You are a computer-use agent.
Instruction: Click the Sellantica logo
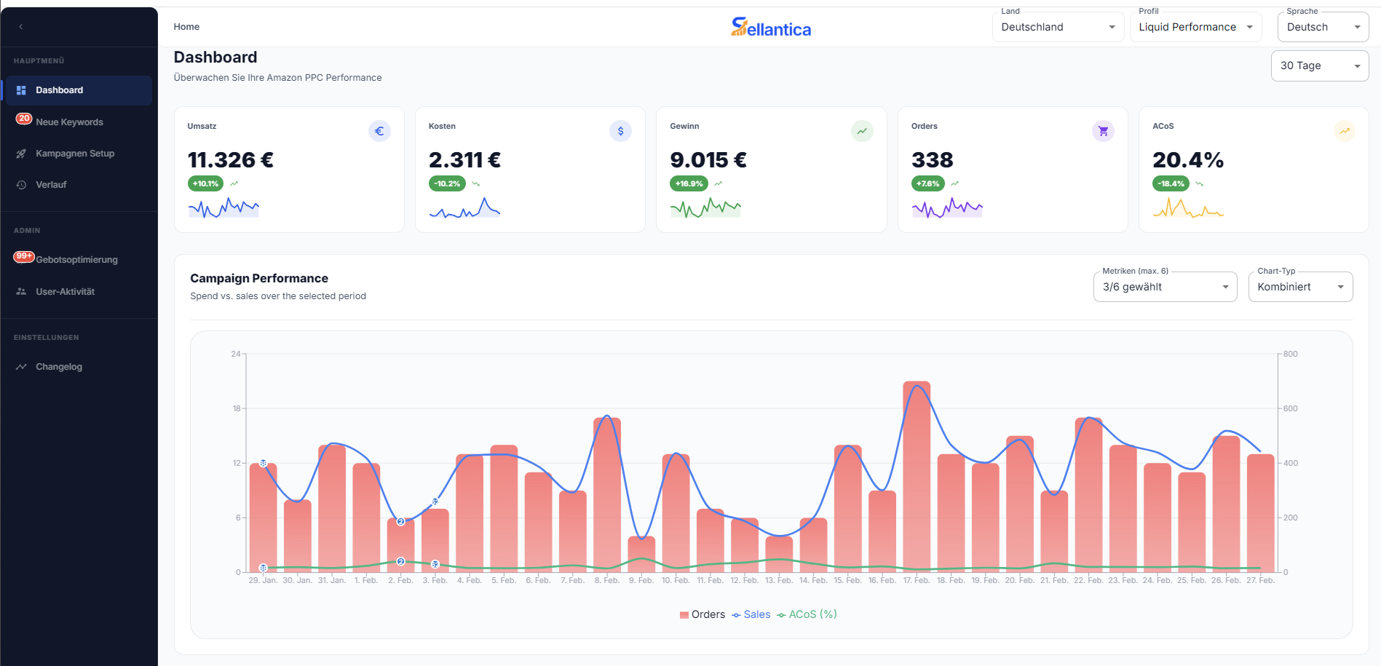(770, 28)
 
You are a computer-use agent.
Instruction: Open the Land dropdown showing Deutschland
(1057, 27)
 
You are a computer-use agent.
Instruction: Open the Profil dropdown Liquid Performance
(1195, 27)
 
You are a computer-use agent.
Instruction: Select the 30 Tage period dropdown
(1319, 66)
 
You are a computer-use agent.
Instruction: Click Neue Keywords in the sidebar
(69, 122)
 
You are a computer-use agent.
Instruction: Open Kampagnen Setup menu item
(75, 154)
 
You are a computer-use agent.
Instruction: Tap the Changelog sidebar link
(59, 367)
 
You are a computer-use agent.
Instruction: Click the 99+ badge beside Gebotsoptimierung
(24, 256)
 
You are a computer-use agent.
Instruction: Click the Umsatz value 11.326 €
(231, 160)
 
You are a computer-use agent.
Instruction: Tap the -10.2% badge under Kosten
(447, 183)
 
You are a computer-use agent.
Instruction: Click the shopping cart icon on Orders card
(1103, 131)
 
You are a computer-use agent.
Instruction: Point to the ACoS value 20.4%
(1187, 160)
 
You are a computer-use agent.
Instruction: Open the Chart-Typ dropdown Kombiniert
(1300, 287)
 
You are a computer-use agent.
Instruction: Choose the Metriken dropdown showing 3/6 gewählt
(1164, 287)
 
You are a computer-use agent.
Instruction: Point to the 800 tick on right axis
(1290, 354)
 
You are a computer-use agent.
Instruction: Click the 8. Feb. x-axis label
(606, 580)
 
